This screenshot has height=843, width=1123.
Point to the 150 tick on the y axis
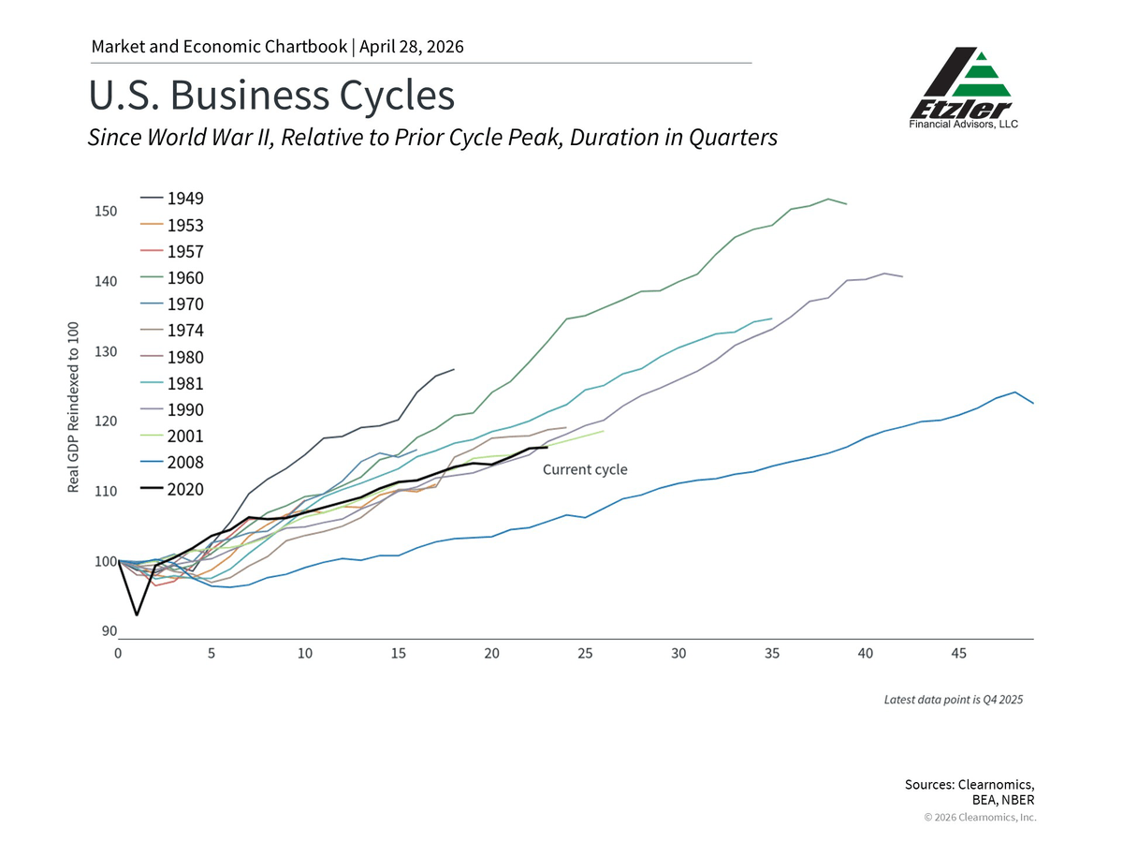pyautogui.click(x=105, y=211)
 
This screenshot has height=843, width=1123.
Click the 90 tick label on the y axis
pyautogui.click(x=109, y=631)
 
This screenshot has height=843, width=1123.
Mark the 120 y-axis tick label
pyautogui.click(x=105, y=421)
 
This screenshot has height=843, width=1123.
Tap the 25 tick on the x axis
pyautogui.click(x=585, y=653)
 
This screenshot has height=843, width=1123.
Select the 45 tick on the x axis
pyautogui.click(x=958, y=653)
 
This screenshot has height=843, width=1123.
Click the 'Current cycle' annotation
pyautogui.click(x=585, y=469)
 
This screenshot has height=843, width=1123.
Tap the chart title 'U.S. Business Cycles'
pyautogui.click(x=271, y=96)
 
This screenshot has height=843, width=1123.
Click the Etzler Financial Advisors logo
pyautogui.click(x=964, y=88)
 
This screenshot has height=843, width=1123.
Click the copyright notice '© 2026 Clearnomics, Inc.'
pyautogui.click(x=980, y=818)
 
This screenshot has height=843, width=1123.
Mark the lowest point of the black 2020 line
pyautogui.click(x=137, y=615)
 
